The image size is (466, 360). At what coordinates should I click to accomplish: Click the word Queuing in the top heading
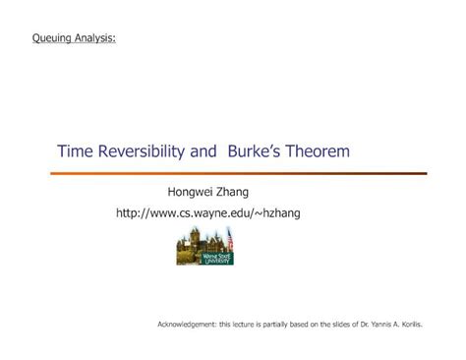(x=52, y=38)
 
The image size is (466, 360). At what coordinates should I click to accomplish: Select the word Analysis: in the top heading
(x=95, y=38)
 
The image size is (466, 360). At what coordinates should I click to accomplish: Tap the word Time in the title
(x=76, y=151)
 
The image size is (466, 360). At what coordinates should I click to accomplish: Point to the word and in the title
(x=204, y=151)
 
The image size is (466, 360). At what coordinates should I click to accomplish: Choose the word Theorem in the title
(x=318, y=151)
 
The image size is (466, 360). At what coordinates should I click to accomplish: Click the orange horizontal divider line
(x=239, y=173)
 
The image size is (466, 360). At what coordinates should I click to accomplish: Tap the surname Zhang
(x=232, y=193)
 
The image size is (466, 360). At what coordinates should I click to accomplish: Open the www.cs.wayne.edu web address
(x=208, y=213)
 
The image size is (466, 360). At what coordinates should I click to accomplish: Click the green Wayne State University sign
(x=216, y=259)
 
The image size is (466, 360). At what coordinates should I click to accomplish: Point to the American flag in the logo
(x=230, y=238)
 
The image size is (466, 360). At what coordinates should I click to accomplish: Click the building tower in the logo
(x=195, y=236)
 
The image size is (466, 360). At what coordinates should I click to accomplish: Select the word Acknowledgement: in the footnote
(x=187, y=325)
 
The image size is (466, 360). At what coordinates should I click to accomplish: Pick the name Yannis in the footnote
(x=380, y=325)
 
